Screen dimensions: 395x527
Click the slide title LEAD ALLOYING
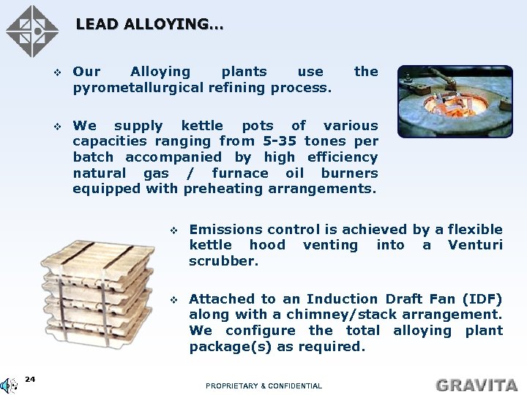point(149,24)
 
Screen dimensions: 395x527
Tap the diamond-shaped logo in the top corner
point(31,31)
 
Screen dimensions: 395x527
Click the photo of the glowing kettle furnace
point(450,101)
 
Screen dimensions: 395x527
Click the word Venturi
point(475,245)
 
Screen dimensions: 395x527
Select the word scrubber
point(223,261)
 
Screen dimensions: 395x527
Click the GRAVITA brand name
point(476,384)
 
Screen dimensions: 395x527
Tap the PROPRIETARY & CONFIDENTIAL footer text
point(263,385)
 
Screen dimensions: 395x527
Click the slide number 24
point(30,378)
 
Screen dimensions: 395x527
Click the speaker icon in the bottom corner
point(8,385)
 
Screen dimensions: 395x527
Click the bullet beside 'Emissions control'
point(174,230)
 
